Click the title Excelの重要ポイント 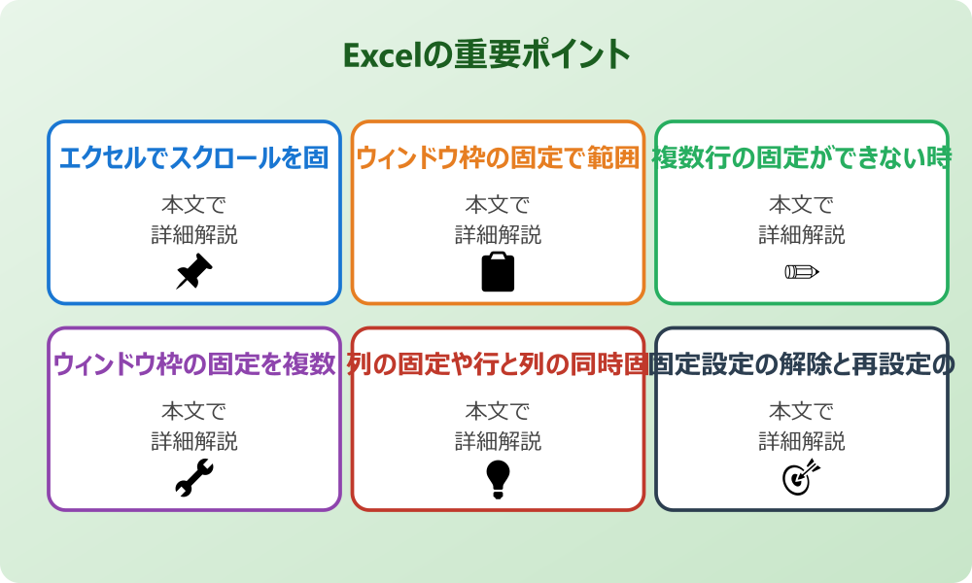pyautogui.click(x=486, y=54)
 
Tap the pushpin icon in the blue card pyautogui.click(x=193, y=272)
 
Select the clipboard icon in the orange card pyautogui.click(x=498, y=272)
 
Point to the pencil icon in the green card pyautogui.click(x=801, y=271)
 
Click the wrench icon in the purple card pyautogui.click(x=193, y=478)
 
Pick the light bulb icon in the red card pyautogui.click(x=498, y=478)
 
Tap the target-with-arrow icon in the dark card pyautogui.click(x=801, y=478)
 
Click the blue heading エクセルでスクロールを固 pyautogui.click(x=193, y=158)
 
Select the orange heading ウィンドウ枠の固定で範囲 pyautogui.click(x=498, y=158)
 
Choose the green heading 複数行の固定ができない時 pyautogui.click(x=801, y=158)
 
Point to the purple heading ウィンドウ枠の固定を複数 pyautogui.click(x=193, y=364)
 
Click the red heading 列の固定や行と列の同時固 pyautogui.click(x=498, y=364)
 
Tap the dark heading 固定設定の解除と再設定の pyautogui.click(x=801, y=364)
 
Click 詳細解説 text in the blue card pyautogui.click(x=193, y=235)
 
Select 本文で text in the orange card pyautogui.click(x=498, y=205)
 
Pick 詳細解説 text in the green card pyautogui.click(x=801, y=235)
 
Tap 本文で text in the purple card pyautogui.click(x=193, y=411)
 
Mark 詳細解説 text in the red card pyautogui.click(x=498, y=441)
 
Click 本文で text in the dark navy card pyautogui.click(x=801, y=411)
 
